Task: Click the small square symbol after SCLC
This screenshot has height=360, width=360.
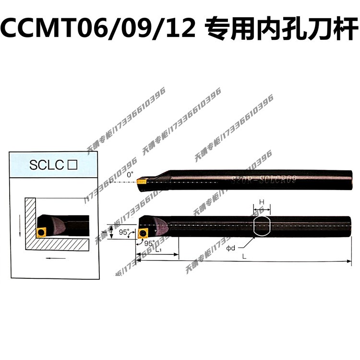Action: [x=73, y=166]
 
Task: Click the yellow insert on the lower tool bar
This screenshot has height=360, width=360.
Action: [x=143, y=233]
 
